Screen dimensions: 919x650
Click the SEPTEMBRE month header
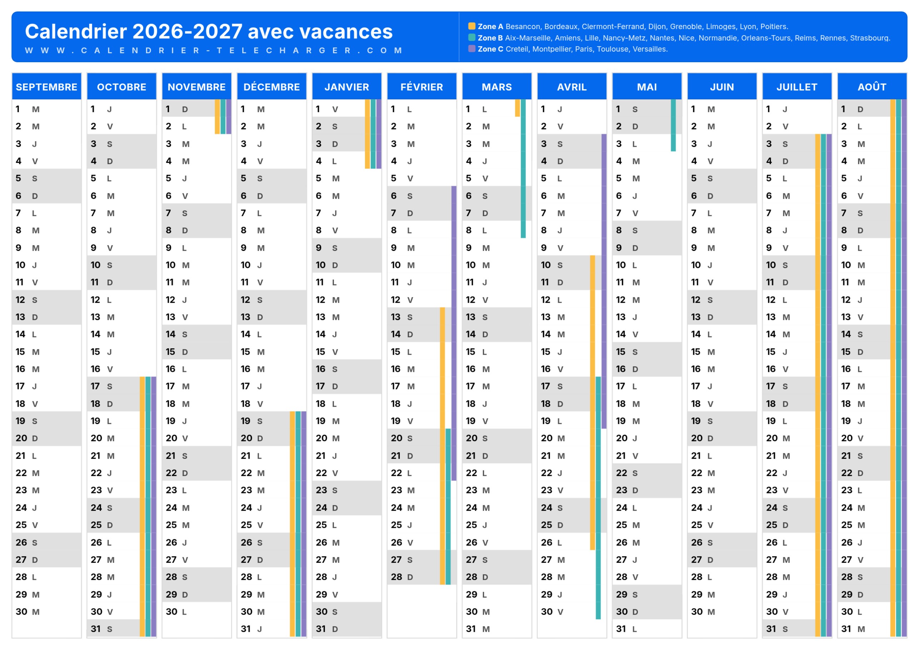pyautogui.click(x=46, y=87)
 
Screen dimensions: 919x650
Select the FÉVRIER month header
pyautogui.click(x=422, y=87)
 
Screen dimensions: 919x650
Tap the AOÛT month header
pyautogui.click(x=872, y=87)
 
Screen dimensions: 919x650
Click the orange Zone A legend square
pyautogui.click(x=472, y=26)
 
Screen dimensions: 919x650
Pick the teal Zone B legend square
pyautogui.click(x=472, y=37)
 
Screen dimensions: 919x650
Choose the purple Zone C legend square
pyautogui.click(x=472, y=49)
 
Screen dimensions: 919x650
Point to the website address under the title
pyautogui.click(x=214, y=50)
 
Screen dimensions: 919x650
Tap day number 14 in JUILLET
pyautogui.click(x=771, y=334)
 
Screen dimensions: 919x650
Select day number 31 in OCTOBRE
pyautogui.click(x=95, y=629)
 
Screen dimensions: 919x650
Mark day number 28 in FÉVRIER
pyautogui.click(x=396, y=577)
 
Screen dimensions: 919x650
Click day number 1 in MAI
pyautogui.click(x=618, y=109)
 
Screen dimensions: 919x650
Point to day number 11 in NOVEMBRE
pyautogui.click(x=169, y=282)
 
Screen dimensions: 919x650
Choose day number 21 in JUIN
pyautogui.click(x=696, y=456)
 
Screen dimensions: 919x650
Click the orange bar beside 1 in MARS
pyautogui.click(x=517, y=108)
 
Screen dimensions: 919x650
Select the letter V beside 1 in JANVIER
pyautogui.click(x=335, y=109)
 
